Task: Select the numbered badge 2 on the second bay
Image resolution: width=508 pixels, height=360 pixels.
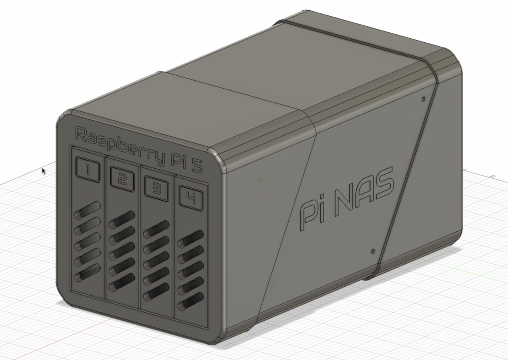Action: (122, 180)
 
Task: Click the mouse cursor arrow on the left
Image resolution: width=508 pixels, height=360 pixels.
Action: (43, 171)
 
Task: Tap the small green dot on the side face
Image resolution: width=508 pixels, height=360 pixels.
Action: (260, 181)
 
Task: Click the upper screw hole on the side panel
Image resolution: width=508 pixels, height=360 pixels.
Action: (423, 99)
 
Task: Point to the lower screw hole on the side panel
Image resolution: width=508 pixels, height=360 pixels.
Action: (373, 251)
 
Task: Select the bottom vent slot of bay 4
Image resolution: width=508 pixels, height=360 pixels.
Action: (191, 305)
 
